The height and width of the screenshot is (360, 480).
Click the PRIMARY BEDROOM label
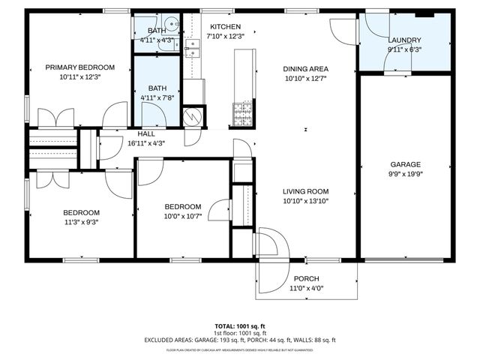pyautogui.click(x=79, y=67)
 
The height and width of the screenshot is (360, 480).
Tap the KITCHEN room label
pyautogui.click(x=225, y=26)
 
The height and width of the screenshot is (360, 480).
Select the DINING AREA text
pyautogui.click(x=306, y=68)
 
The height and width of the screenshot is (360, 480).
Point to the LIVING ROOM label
pyautogui.click(x=306, y=190)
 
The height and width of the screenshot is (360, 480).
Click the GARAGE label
pyautogui.click(x=405, y=164)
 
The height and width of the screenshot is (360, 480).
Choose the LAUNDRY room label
pyautogui.click(x=404, y=40)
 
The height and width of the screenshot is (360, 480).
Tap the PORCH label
pyautogui.click(x=305, y=278)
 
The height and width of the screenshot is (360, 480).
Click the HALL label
pyautogui.click(x=146, y=133)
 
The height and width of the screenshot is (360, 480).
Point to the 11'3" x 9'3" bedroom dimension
pyautogui.click(x=80, y=222)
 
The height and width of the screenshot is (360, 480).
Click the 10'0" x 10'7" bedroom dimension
pyautogui.click(x=183, y=217)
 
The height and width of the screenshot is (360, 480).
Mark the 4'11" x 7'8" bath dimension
pyautogui.click(x=157, y=97)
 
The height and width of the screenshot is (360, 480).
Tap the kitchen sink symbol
pyautogui.click(x=193, y=48)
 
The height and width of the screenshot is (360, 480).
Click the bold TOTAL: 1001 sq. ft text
pyautogui.click(x=240, y=326)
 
